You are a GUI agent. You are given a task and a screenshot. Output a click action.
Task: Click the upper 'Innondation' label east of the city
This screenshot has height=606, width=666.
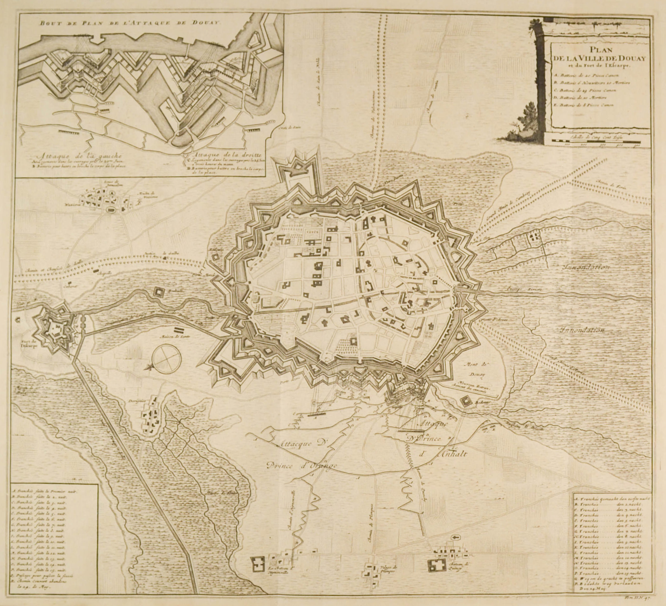click(x=585, y=267)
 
